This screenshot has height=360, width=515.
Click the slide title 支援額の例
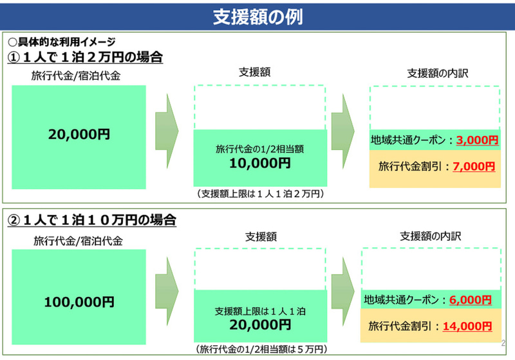click(x=257, y=17)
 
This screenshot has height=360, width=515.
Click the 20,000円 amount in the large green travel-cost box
click(x=79, y=134)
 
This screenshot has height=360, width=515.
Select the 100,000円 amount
click(x=79, y=302)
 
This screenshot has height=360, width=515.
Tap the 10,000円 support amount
click(x=260, y=163)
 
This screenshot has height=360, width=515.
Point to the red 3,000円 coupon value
click(x=477, y=140)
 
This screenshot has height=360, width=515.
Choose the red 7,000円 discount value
click(x=474, y=167)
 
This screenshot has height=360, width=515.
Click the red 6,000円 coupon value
click(x=471, y=299)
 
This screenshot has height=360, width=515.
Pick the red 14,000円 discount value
click(x=467, y=326)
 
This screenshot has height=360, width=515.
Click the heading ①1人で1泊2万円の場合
click(x=85, y=57)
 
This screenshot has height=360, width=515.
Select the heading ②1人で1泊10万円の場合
click(x=91, y=220)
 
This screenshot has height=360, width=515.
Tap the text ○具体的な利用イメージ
click(x=62, y=42)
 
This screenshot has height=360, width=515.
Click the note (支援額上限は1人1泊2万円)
click(x=260, y=194)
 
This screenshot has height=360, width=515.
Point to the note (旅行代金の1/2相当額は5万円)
click(x=261, y=349)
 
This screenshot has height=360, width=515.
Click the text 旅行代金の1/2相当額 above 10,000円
click(x=259, y=149)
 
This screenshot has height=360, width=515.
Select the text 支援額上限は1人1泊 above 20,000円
click(x=260, y=311)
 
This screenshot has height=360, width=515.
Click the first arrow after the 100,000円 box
click(x=167, y=291)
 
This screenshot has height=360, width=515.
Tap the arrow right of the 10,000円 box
click(x=343, y=131)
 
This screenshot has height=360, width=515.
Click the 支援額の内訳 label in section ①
click(x=438, y=73)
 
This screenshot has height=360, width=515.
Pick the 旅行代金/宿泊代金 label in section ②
click(x=78, y=241)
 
